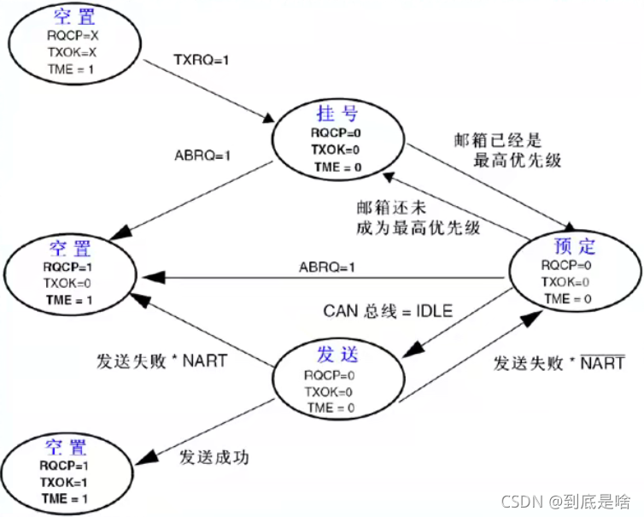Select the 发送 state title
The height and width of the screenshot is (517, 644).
(x=334, y=355)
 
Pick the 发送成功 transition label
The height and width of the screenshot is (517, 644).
(x=214, y=455)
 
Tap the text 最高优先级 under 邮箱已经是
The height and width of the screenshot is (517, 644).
(x=517, y=159)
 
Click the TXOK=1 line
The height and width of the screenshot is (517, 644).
(x=65, y=483)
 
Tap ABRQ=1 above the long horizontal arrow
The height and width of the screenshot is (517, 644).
(x=327, y=267)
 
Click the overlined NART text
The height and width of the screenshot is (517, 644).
(x=604, y=363)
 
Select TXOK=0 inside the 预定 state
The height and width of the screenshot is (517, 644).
(x=568, y=281)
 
